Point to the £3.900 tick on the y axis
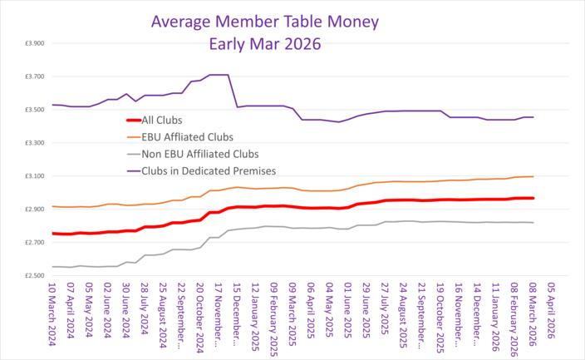pyautogui.click(x=33, y=43)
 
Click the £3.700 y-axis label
pyautogui.click(x=33, y=76)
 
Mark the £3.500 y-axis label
pyautogui.click(x=33, y=110)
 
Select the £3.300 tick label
pyautogui.click(x=33, y=143)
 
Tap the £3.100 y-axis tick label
pyautogui.click(x=33, y=176)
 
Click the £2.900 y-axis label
pyautogui.click(x=33, y=210)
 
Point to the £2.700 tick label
pyautogui.click(x=33, y=242)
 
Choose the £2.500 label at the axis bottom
pyautogui.click(x=33, y=275)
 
